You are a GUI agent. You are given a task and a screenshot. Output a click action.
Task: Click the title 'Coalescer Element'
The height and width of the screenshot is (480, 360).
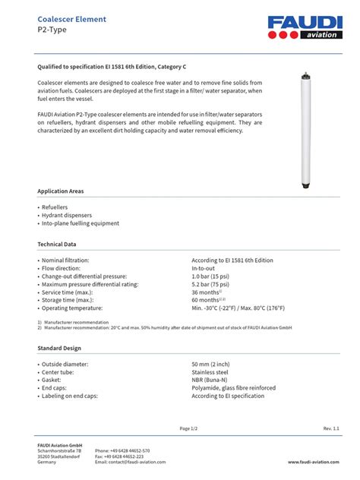[x=72, y=19]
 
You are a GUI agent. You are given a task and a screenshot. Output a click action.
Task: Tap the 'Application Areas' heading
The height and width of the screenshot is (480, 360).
[x=61, y=191]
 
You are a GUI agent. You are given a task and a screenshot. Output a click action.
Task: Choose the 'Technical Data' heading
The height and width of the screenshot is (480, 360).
[x=57, y=245]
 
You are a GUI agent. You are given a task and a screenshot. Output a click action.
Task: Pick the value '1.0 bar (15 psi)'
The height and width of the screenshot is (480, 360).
[x=213, y=276]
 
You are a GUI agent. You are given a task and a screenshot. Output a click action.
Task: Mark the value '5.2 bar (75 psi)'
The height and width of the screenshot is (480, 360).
[x=213, y=284]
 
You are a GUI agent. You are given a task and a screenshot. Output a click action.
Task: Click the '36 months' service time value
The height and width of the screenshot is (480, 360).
[x=207, y=292]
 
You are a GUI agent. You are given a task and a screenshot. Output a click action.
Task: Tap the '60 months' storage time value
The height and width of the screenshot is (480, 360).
[x=207, y=300]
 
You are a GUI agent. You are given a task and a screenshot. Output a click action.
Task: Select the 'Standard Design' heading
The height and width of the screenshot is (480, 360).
[x=59, y=348]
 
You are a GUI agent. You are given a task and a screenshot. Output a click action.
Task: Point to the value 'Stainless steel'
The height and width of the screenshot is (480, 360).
[x=210, y=372]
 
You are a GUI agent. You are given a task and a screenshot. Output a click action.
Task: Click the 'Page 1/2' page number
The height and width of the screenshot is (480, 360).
[x=189, y=429]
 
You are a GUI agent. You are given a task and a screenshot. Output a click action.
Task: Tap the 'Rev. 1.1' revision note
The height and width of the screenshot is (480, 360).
[x=331, y=429]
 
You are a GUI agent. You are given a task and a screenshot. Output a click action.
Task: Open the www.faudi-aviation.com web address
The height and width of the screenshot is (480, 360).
[x=313, y=462]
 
